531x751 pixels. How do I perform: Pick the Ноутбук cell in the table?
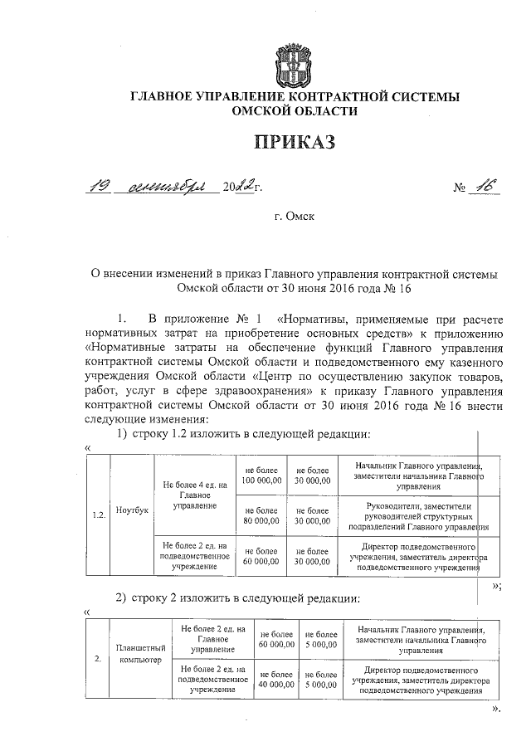click(132, 510)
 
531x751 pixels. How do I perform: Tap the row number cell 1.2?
click(99, 514)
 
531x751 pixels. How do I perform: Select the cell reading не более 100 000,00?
click(261, 476)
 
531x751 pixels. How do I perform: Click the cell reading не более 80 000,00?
click(261, 515)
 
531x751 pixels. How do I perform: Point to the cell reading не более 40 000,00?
click(276, 679)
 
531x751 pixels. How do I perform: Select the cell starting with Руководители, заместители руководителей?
click(417, 515)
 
